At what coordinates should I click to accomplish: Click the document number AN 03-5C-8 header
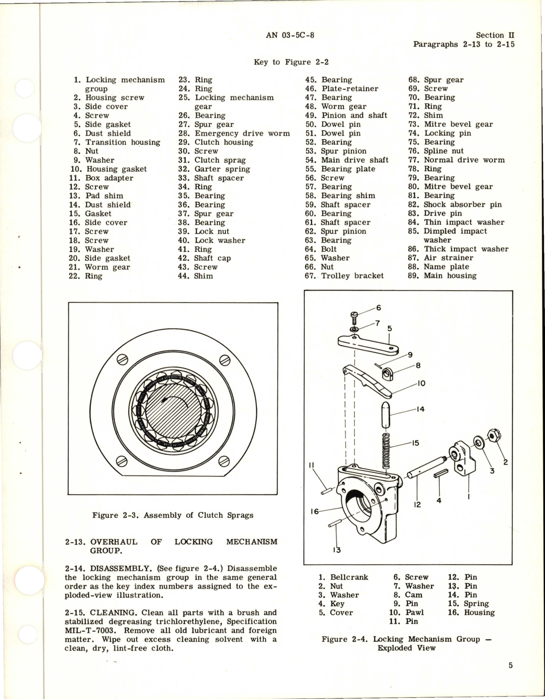click(290, 35)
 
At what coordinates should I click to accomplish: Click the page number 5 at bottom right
click(510, 666)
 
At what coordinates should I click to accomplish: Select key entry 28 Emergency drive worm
click(242, 133)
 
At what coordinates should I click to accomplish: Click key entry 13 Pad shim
click(104, 196)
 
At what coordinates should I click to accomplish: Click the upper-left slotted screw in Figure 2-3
click(122, 359)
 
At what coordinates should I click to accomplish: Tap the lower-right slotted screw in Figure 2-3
click(223, 461)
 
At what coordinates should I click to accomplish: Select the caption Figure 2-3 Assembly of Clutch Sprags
click(173, 515)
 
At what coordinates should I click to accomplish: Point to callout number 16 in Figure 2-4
click(314, 511)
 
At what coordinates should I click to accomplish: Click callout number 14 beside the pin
click(420, 409)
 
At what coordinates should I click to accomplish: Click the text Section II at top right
click(495, 35)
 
